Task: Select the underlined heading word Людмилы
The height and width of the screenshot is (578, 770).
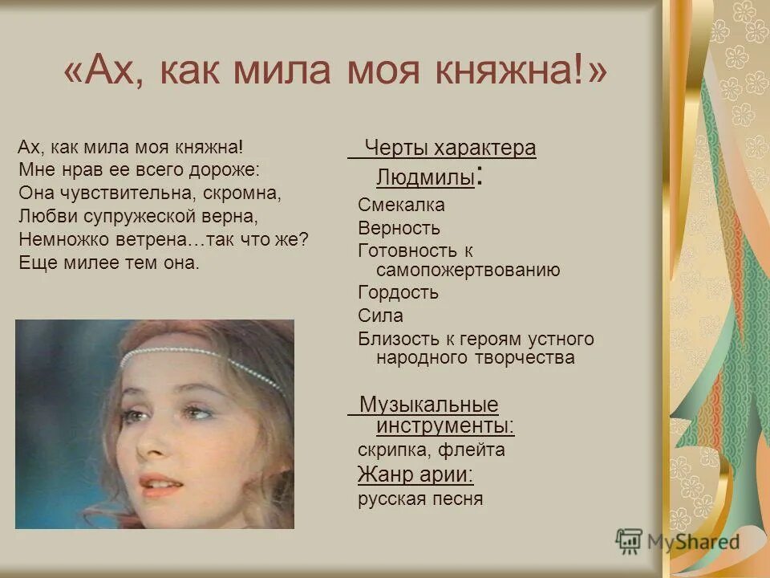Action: pyautogui.click(x=425, y=176)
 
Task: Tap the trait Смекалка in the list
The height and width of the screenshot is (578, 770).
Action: pyautogui.click(x=401, y=206)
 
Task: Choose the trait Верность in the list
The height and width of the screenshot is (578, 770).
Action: pyautogui.click(x=399, y=229)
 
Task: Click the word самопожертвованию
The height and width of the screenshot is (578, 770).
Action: pyautogui.click(x=468, y=270)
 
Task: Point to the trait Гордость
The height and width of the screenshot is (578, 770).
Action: pyautogui.click(x=398, y=293)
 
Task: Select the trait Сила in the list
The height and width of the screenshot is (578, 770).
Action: pyautogui.click(x=380, y=315)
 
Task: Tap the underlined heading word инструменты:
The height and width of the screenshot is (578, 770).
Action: pyautogui.click(x=445, y=425)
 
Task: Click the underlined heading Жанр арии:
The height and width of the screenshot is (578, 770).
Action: pyautogui.click(x=415, y=475)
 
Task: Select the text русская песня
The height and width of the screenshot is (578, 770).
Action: pyautogui.click(x=420, y=499)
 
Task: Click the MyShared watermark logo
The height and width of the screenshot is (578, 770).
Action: pyautogui.click(x=679, y=542)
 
